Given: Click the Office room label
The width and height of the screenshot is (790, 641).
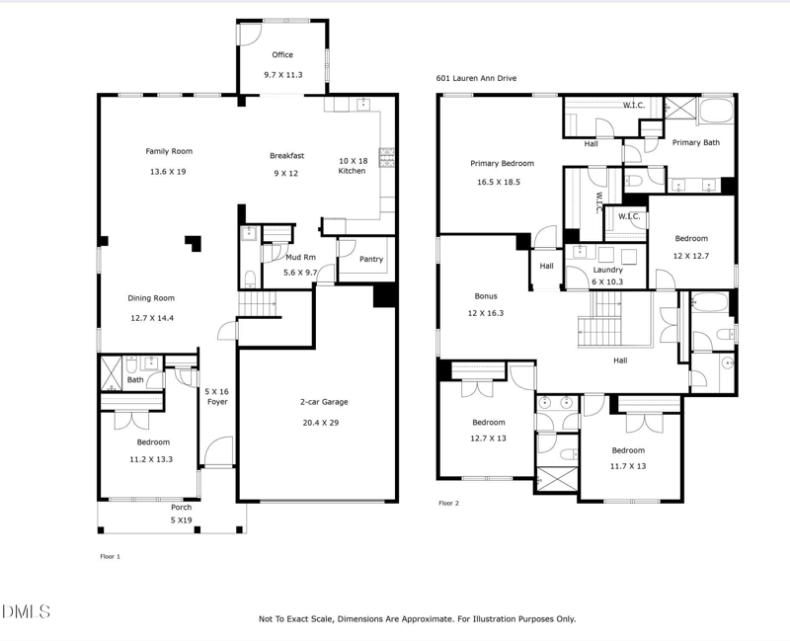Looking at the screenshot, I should pos(283,55).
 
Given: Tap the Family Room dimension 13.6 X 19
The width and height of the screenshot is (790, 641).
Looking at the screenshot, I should pos(168,172).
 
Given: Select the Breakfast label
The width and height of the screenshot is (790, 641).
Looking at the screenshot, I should pos(287,155).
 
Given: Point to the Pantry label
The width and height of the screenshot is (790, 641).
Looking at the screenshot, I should pos(371,260).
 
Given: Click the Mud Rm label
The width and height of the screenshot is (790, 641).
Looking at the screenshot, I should pos(300,257).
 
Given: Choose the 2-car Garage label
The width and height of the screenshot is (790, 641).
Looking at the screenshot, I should pos(324,402).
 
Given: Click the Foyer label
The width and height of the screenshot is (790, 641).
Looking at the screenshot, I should pos(215,403).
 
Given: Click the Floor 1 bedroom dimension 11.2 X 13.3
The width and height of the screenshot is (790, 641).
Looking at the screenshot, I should pos(153,458).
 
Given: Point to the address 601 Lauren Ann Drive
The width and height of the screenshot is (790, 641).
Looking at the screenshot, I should pos(476,78).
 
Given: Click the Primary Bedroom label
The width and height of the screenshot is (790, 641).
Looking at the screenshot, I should pos(502,164).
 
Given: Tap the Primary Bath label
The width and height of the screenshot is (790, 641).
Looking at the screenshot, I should pos(696,143).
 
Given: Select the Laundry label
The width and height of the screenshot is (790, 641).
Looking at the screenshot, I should pos(607,270).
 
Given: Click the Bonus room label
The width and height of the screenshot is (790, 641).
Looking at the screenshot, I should pos(485,296).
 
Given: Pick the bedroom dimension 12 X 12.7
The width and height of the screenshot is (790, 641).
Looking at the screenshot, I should pos(691,255).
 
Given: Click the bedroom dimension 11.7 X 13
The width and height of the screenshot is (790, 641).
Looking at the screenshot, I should pos(627,466).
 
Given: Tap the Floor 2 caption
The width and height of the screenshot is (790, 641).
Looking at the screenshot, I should pos(449,503).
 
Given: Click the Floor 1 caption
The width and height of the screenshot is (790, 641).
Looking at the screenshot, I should pos(110,556).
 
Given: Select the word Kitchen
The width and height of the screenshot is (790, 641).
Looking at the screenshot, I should pos(352,171).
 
